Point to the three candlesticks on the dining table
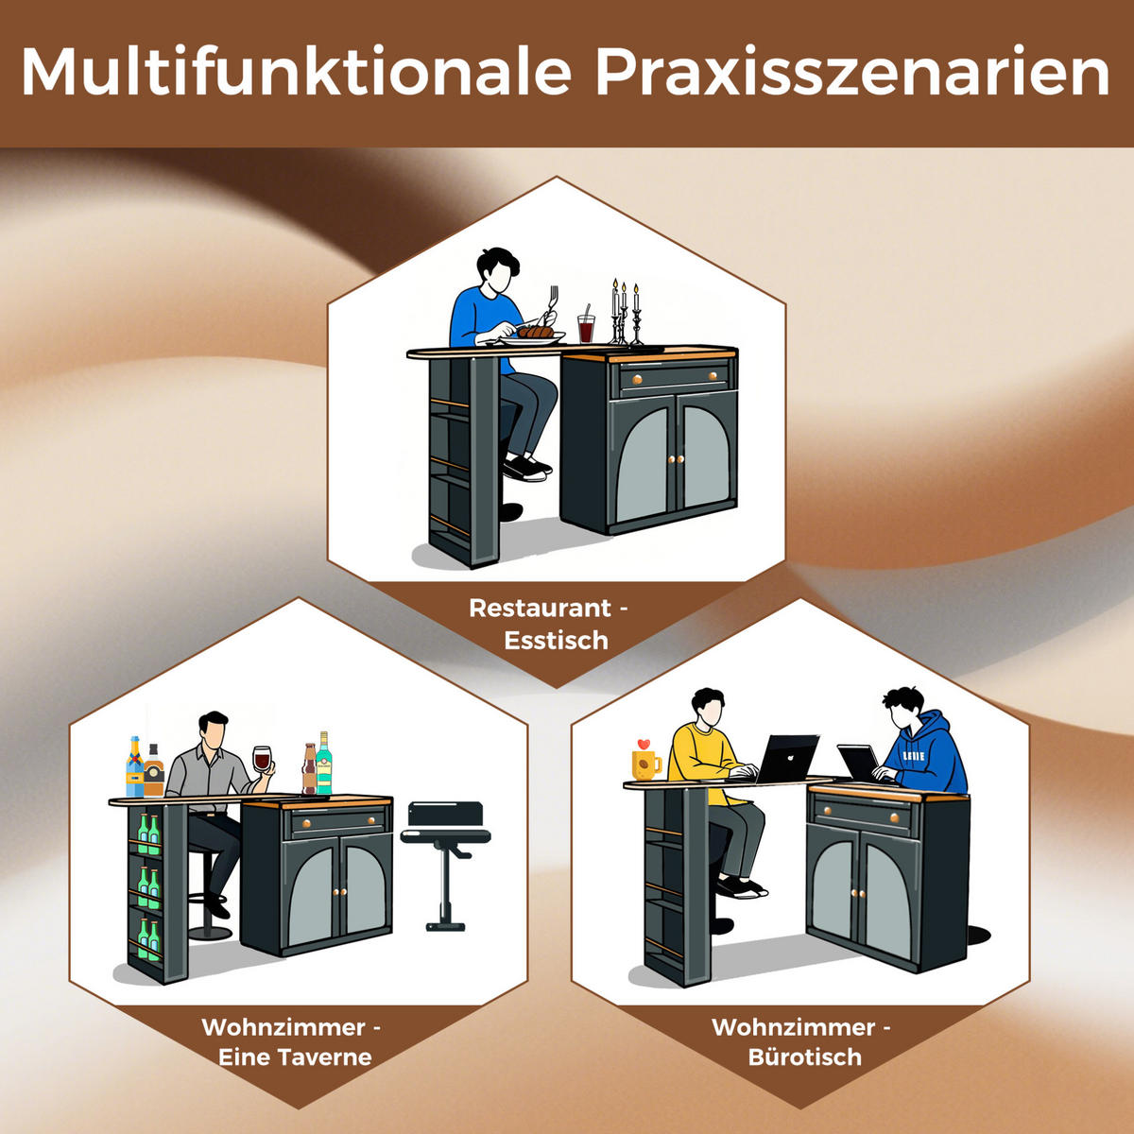[x=625, y=312]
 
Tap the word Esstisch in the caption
[x=556, y=641]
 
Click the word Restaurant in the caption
[x=540, y=608]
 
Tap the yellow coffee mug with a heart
[x=646, y=761]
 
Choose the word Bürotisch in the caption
[x=804, y=1057]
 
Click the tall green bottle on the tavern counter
[x=324, y=763]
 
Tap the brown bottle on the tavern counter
[x=310, y=769]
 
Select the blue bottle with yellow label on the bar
[x=135, y=766]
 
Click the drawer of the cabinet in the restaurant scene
[x=673, y=377]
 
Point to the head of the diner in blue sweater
[x=497, y=270]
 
